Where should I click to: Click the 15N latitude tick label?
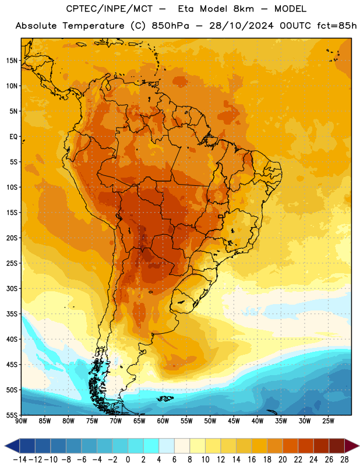click(x=12, y=61)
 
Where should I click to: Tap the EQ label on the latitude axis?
click(x=13, y=137)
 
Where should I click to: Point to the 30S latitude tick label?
click(x=12, y=288)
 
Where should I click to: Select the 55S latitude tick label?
click(x=12, y=415)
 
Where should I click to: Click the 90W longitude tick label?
click(x=21, y=421)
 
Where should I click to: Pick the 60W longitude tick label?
click(x=163, y=421)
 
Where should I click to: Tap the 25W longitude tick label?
click(x=328, y=421)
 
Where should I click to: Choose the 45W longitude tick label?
click(x=234, y=421)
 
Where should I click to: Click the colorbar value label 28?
click(x=344, y=460)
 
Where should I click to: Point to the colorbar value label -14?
click(x=20, y=460)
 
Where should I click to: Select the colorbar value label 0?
click(x=128, y=460)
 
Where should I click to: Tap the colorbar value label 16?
click(x=252, y=460)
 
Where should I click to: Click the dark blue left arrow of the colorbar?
click(x=12, y=446)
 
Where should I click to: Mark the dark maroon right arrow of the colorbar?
click(x=352, y=446)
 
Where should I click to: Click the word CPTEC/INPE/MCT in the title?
click(x=110, y=9)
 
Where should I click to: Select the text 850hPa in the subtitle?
click(x=170, y=26)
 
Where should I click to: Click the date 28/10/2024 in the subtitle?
click(x=241, y=26)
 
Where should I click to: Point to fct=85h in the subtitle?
click(x=337, y=26)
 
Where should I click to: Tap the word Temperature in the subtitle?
click(x=93, y=26)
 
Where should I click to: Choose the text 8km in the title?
click(x=243, y=9)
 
